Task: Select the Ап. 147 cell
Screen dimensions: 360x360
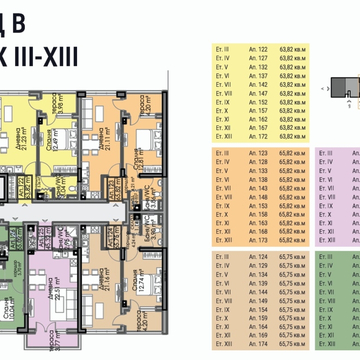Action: pos(258,93)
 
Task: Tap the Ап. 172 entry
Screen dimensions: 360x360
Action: pos(258,137)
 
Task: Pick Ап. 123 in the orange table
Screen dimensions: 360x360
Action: pos(258,154)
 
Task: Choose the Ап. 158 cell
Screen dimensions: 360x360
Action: pos(258,215)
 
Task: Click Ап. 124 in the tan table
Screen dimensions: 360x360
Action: pos(258,257)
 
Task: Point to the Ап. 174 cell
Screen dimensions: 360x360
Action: pos(258,344)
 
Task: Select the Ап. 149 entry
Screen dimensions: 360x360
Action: pos(258,301)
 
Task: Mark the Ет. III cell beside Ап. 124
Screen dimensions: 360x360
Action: pos(222,257)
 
